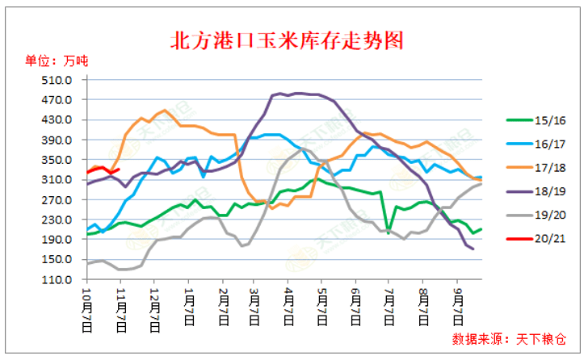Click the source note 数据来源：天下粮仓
point(509,337)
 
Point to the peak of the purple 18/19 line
point(280,94)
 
